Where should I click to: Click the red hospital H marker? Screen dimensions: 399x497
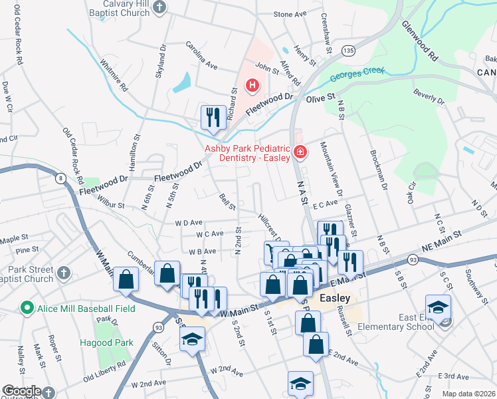pyautogui.click(x=252, y=85)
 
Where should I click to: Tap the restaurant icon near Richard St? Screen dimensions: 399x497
pyautogui.click(x=211, y=116)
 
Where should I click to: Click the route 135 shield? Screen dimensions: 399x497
pyautogui.click(x=348, y=51)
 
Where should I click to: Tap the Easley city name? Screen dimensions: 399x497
pyautogui.click(x=335, y=298)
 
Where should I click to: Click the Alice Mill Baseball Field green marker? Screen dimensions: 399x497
pyautogui.click(x=27, y=309)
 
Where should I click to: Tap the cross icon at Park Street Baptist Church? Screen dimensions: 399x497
pyautogui.click(x=64, y=273)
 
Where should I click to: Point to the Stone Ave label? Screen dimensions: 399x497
pyautogui.click(x=290, y=14)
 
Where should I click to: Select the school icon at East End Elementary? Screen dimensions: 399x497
pyautogui.click(x=439, y=307)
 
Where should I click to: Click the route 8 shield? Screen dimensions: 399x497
pyautogui.click(x=60, y=178)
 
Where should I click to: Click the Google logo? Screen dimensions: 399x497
pyautogui.click(x=22, y=391)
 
